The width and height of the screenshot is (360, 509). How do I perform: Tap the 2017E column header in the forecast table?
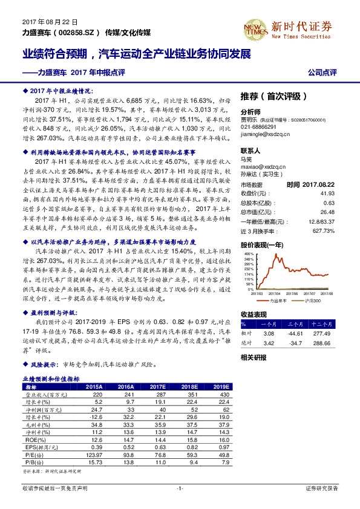pos(157,386)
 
